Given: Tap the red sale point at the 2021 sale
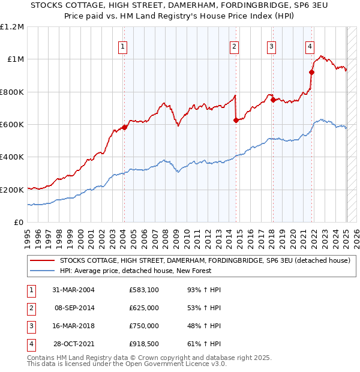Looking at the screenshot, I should (x=311, y=73).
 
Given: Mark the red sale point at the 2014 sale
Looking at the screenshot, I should (x=236, y=120).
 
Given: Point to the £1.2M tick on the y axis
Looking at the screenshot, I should (x=12, y=27).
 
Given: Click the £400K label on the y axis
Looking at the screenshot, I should (x=12, y=157).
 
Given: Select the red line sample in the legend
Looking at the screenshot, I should (x=42, y=260).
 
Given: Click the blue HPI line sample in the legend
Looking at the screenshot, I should (x=42, y=271).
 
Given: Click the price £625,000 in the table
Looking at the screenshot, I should (x=144, y=308).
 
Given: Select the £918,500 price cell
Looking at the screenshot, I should (x=144, y=344).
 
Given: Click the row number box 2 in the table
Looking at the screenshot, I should (x=29, y=308).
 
